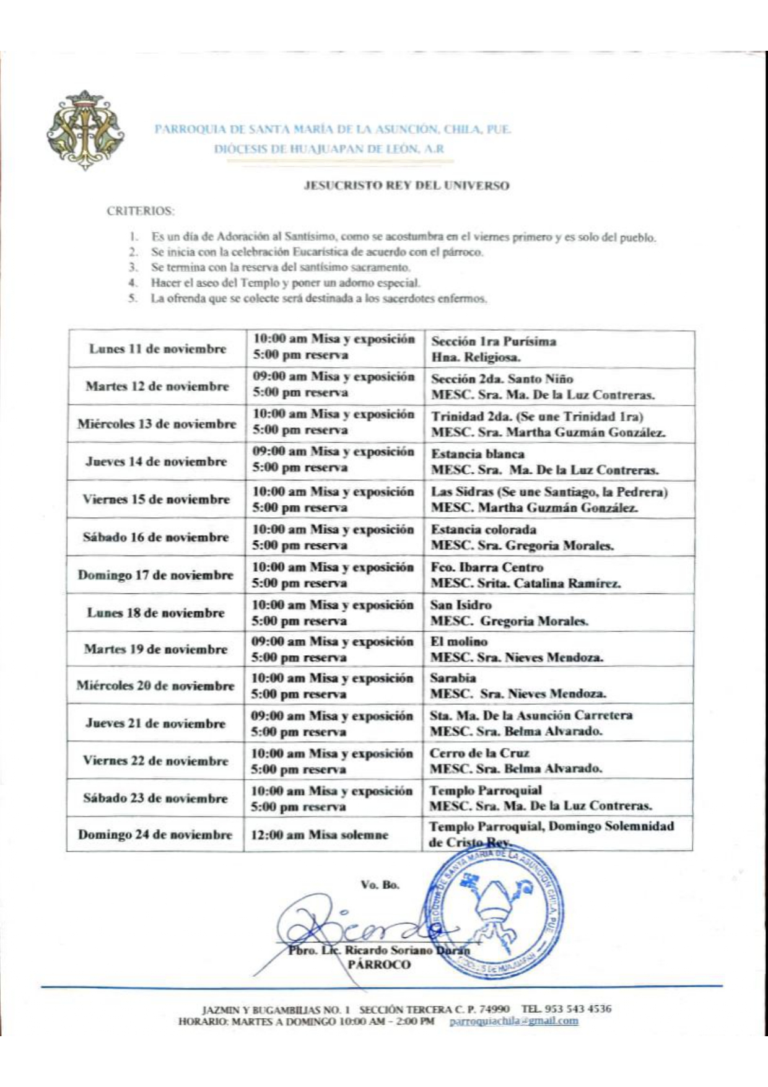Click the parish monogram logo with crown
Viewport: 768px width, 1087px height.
(84, 130)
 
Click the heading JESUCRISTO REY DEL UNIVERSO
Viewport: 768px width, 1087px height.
(406, 185)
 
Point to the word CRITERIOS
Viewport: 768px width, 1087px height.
(140, 211)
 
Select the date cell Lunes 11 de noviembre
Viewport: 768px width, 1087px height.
(157, 349)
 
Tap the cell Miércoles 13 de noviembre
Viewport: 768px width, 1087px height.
(157, 424)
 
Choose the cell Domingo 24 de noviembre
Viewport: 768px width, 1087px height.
(155, 834)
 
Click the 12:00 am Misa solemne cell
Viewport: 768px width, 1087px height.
(319, 835)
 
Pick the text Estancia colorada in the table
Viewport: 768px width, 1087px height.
(484, 530)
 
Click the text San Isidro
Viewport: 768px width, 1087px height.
(461, 605)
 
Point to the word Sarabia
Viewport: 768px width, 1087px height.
(453, 678)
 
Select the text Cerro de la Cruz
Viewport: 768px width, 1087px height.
(479, 753)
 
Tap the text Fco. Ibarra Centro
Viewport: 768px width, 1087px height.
(487, 567)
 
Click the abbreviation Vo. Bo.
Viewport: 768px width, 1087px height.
(380, 884)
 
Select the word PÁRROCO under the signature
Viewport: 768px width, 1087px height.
(378, 964)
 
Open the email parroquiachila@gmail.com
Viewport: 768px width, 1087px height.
(513, 1021)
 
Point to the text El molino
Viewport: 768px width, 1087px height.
(459, 642)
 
